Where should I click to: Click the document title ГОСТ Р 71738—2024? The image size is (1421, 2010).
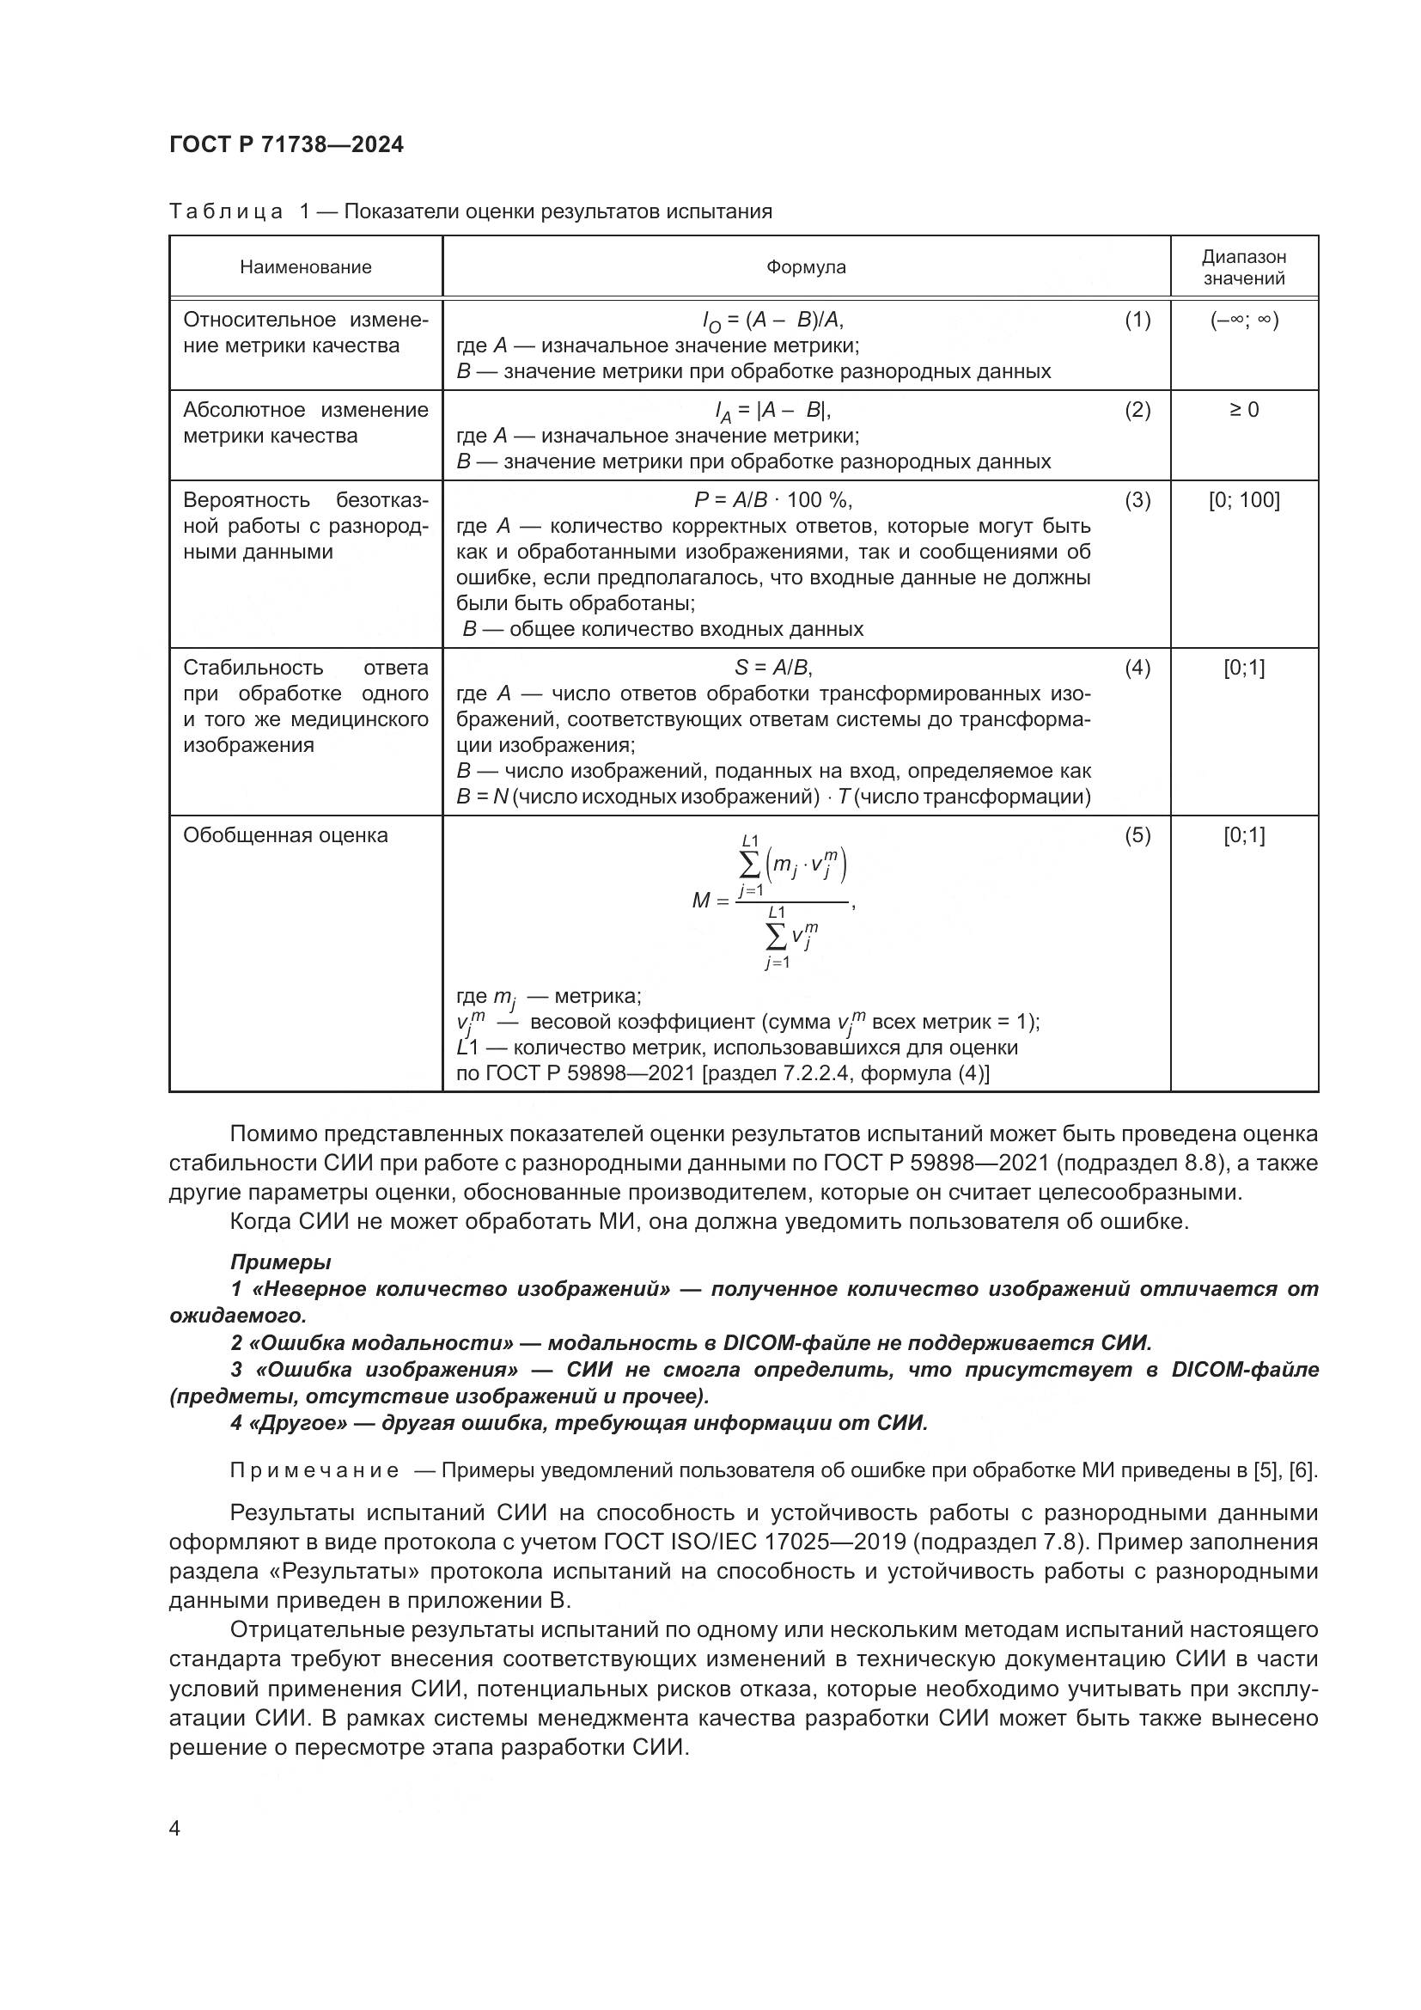coord(286,145)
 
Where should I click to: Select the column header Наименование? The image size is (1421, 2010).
coord(305,267)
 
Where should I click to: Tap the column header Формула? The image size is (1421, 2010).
coord(806,267)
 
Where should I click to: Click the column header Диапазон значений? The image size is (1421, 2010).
coord(1243,268)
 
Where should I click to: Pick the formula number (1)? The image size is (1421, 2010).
coord(1137,321)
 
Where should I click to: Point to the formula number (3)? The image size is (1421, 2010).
coord(1137,501)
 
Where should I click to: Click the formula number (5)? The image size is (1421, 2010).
coord(1137,836)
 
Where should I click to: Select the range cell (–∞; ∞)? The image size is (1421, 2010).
coord(1243,321)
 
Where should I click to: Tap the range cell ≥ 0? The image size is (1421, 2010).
coord(1243,411)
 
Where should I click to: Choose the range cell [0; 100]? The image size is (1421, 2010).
coord(1243,501)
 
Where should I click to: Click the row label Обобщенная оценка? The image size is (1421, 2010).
coord(285,836)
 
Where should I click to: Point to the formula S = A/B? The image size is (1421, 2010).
coord(773,669)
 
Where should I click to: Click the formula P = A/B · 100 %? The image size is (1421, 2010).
coord(773,501)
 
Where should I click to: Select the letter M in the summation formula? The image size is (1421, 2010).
coord(701,900)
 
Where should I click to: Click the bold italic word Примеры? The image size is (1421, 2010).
coord(280,1262)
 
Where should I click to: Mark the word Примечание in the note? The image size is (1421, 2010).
coord(314,1470)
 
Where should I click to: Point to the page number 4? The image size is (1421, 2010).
coord(174,1829)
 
